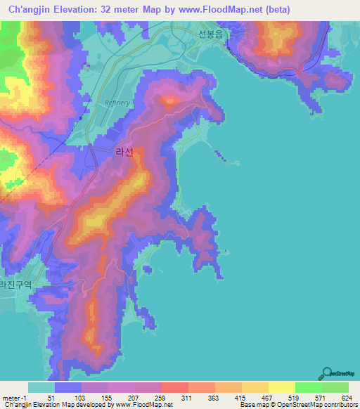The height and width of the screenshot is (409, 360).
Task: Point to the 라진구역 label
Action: pyautogui.click(x=16, y=285)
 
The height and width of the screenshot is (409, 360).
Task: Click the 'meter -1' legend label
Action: pyautogui.click(x=15, y=398)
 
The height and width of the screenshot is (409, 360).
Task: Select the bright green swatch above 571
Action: pyautogui.click(x=308, y=387)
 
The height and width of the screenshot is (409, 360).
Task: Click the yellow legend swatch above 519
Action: pyautogui.click(x=281, y=387)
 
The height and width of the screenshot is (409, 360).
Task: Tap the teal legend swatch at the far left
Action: pyautogui.click(x=41, y=387)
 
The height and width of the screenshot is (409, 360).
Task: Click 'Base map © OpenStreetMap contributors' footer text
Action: pyautogui.click(x=298, y=405)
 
